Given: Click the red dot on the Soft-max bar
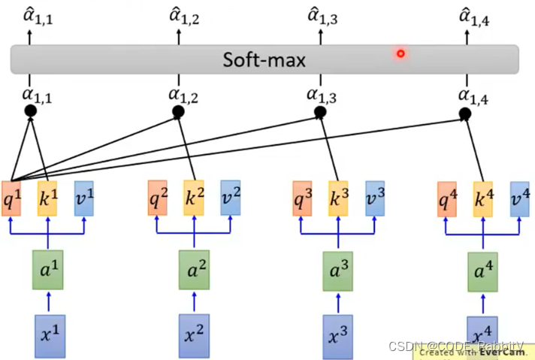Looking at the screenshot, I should tap(400, 53).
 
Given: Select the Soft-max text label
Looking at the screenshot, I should tap(264, 59).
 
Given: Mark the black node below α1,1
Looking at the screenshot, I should tap(31, 111).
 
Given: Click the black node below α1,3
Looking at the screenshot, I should tap(320, 112).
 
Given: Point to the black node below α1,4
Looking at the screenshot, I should tap(465, 113).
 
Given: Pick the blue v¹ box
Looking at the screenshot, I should tap(83, 198).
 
